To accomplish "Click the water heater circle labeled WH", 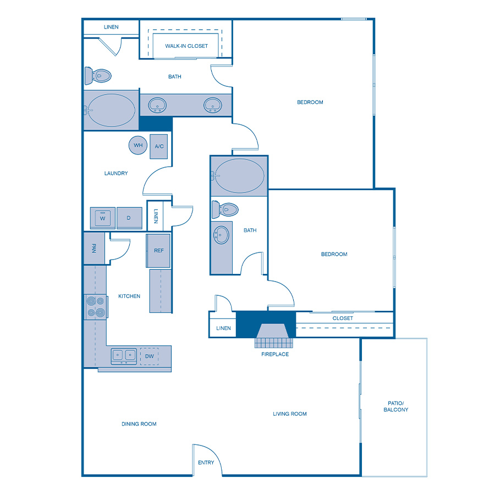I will click(x=138, y=145).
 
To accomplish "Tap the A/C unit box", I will click(x=159, y=146).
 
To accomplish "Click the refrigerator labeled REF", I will click(x=158, y=251).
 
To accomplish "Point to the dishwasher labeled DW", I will click(x=150, y=356).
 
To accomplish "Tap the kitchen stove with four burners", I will click(x=95, y=307).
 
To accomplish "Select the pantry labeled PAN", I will click(x=94, y=248).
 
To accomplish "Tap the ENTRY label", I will click(x=206, y=463).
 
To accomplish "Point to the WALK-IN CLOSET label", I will click(x=186, y=46).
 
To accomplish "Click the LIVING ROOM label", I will click(x=290, y=414).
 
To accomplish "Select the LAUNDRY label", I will click(x=116, y=173).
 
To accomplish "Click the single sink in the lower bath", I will click(x=221, y=235).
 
